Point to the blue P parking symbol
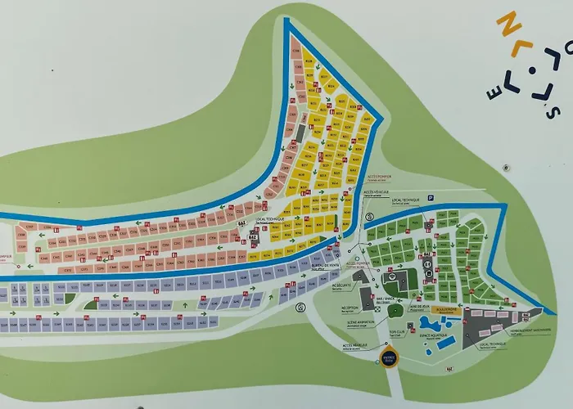pos(429,197)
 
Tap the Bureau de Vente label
pos(325,266)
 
